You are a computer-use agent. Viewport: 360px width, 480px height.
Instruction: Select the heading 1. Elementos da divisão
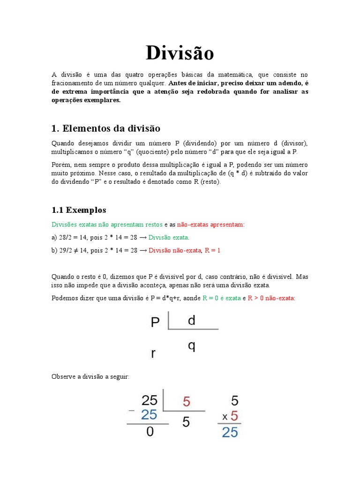point(106,128)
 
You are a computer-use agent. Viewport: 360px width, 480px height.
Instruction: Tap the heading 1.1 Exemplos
point(79,210)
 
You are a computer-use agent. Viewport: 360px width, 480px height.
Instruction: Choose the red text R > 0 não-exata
point(271,298)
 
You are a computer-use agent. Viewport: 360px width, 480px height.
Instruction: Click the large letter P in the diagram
point(156,322)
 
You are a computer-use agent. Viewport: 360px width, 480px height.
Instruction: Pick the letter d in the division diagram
point(191,321)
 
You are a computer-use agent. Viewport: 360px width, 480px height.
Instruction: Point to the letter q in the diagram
point(191,346)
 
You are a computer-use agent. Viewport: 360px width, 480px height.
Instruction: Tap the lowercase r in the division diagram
point(153,354)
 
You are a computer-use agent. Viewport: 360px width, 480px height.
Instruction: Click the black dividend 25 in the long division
point(149,400)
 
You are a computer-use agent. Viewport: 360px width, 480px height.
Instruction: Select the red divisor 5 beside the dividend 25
point(187,402)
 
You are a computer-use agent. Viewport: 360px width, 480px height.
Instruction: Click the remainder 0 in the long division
point(150,431)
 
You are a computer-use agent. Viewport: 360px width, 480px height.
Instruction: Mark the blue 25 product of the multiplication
point(230,432)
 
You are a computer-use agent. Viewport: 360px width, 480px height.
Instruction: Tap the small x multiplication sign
point(225,417)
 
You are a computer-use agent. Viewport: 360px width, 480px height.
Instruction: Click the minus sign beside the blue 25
point(132,411)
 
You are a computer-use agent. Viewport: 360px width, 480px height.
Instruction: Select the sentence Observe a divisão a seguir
point(90,377)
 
